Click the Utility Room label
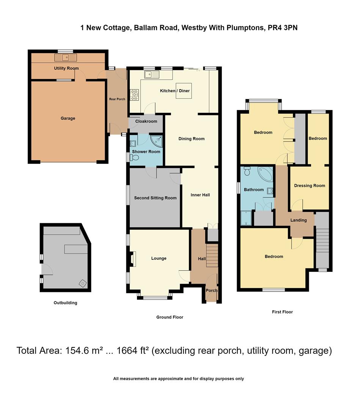click(x=66, y=68)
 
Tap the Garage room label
click(x=68, y=118)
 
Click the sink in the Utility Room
click(x=66, y=58)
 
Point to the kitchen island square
click(x=184, y=91)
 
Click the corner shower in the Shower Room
click(x=157, y=142)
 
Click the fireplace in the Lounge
click(x=133, y=259)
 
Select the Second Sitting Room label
click(x=155, y=198)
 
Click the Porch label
click(x=211, y=290)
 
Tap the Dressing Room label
click(x=310, y=186)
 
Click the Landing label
click(x=299, y=220)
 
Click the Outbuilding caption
click(x=65, y=303)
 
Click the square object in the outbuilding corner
click(x=82, y=283)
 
